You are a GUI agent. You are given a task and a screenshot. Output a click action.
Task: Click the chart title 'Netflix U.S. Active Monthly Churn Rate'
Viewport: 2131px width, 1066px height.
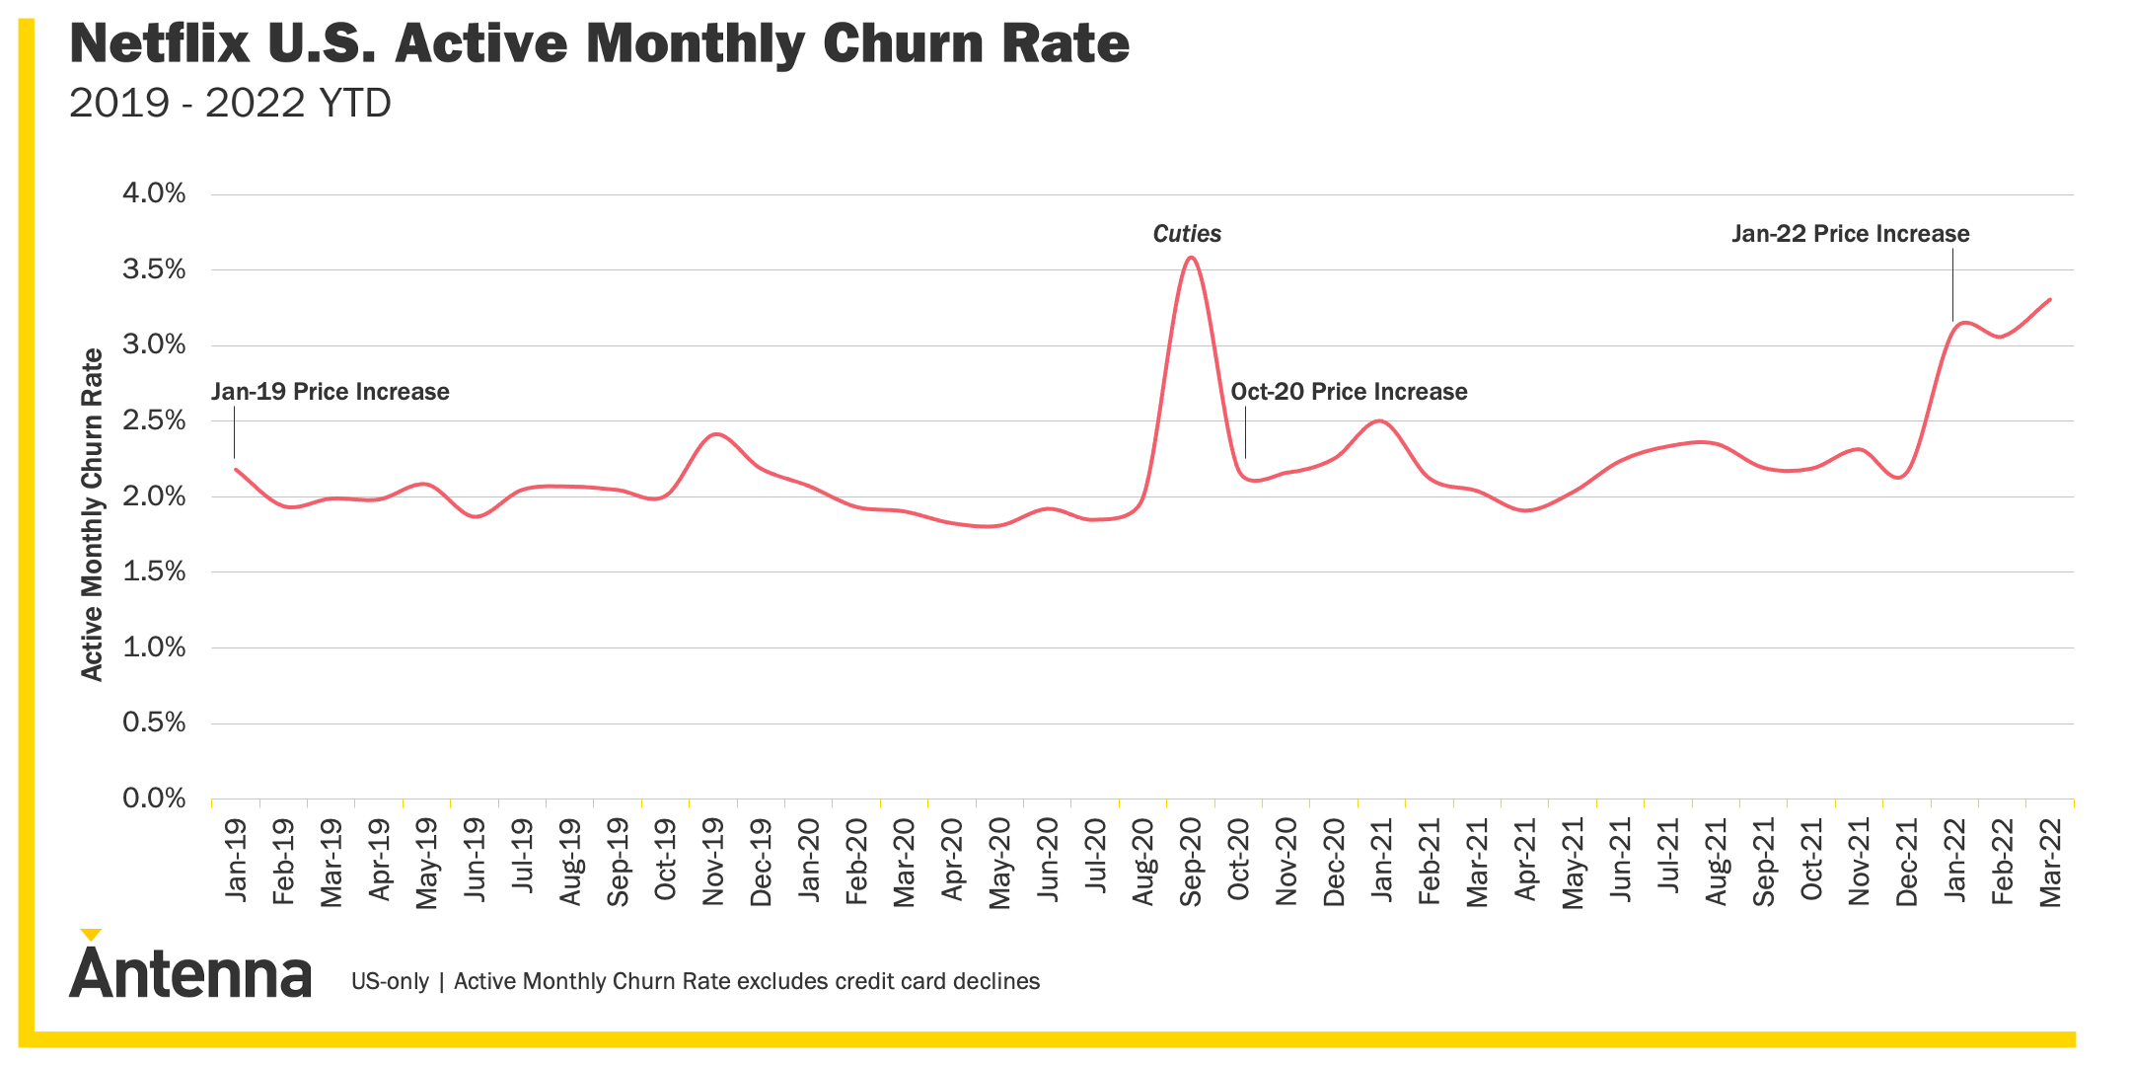599,44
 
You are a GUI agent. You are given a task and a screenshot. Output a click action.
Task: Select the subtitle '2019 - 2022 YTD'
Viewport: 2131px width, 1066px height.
230,103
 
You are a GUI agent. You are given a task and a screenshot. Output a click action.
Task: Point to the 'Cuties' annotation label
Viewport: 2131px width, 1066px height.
1187,234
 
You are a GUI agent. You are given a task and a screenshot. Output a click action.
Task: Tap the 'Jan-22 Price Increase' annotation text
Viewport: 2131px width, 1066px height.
1850,234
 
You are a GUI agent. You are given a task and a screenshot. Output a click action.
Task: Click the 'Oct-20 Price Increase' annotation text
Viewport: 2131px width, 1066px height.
1349,392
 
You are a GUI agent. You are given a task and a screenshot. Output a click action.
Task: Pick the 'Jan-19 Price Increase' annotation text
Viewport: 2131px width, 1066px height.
331,392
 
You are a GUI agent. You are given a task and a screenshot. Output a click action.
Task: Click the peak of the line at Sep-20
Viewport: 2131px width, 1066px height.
1191,258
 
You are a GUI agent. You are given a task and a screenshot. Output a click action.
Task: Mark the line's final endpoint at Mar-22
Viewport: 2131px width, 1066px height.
2050,299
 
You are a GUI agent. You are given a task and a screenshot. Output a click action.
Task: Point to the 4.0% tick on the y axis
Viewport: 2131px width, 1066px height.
154,193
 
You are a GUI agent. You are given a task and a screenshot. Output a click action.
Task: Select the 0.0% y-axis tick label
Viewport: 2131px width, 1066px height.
154,799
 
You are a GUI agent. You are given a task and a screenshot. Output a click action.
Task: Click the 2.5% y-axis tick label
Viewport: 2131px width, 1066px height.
154,420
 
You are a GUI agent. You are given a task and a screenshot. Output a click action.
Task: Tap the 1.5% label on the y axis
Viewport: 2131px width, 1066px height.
154,571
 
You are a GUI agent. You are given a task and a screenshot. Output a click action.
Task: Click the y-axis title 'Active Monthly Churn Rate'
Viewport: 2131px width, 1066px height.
92,513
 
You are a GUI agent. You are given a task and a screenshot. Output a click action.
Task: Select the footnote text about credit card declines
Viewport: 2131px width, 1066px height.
696,981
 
